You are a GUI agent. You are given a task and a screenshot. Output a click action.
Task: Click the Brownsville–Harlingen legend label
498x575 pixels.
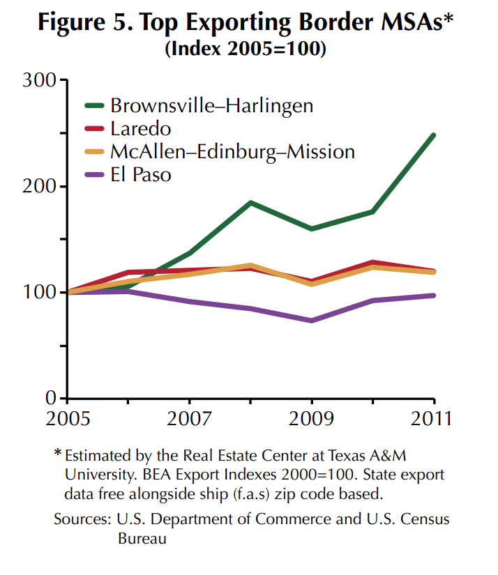tap(211, 106)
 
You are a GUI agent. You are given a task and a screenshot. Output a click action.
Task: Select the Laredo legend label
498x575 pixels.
tap(140, 129)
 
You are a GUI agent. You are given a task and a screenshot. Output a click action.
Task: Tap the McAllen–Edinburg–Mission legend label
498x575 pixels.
tap(232, 151)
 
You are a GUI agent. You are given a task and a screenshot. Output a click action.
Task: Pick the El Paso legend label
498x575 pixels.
tap(140, 174)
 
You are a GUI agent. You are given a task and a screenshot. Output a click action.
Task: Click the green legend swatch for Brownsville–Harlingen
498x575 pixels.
tap(94, 106)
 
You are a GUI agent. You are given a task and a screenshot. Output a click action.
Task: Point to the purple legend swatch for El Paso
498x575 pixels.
tap(94, 174)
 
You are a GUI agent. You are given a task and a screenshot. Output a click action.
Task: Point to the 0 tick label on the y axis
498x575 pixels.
tap(50, 398)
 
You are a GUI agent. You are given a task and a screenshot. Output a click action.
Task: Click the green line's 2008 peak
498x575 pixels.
tap(250, 203)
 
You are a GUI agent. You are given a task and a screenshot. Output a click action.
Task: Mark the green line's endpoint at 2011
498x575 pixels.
tap(434, 135)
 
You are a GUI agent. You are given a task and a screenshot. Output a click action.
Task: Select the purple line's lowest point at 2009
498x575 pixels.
tap(312, 321)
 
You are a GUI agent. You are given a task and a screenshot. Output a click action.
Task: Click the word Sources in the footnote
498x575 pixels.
tap(78, 519)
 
